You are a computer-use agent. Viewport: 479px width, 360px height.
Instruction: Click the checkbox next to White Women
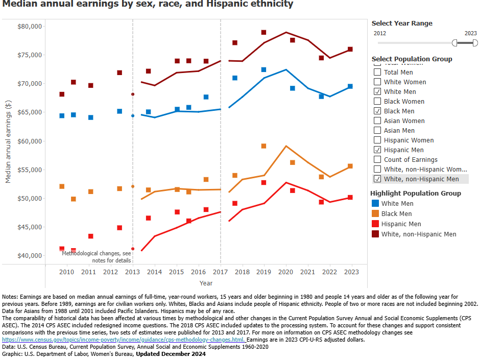[377, 82]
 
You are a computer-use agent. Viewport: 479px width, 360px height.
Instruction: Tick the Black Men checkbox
[377, 111]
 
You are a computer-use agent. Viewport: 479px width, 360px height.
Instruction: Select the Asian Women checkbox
[377, 121]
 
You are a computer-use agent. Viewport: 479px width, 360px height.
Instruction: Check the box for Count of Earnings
[377, 159]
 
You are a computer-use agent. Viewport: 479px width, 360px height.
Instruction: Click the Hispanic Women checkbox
[377, 140]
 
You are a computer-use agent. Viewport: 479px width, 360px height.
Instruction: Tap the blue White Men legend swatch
[375, 204]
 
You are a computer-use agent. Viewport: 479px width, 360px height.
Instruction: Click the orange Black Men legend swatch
[375, 214]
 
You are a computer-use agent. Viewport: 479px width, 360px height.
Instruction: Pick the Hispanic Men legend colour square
[375, 224]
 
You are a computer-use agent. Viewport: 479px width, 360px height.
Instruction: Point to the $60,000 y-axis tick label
[29, 141]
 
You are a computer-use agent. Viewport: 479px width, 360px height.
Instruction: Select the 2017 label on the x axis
[221, 272]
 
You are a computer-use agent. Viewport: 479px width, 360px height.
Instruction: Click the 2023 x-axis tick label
[352, 272]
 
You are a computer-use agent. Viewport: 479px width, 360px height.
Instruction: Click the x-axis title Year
[206, 283]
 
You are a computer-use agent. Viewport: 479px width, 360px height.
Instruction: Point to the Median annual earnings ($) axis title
[8, 142]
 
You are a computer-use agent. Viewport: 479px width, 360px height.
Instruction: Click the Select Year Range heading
[402, 23]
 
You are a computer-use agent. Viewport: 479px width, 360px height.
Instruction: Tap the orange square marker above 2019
[264, 146]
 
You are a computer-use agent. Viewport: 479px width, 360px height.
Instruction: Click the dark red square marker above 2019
[264, 33]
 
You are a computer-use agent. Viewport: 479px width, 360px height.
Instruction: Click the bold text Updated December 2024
[170, 353]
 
